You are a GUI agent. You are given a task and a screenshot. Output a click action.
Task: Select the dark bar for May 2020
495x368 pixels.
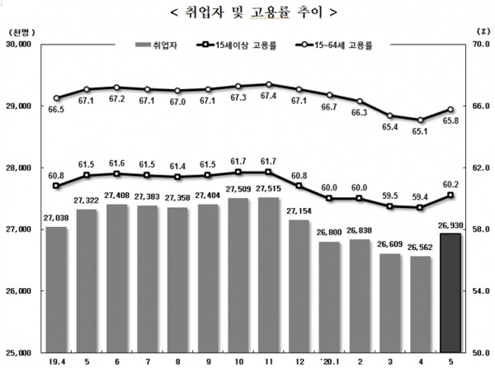coord(450,292)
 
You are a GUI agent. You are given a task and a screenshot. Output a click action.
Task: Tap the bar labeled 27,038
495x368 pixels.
coord(56,289)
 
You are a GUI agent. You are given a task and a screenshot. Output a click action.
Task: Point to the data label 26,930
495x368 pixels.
coord(450,225)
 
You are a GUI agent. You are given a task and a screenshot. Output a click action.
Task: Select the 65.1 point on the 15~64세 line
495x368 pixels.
coord(421,120)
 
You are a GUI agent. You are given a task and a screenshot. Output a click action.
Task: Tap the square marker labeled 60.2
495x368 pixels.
coord(451,195)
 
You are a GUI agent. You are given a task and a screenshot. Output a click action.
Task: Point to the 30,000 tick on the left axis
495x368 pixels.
coord(18,45)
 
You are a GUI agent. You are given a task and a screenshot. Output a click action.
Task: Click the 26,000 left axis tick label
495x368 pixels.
coord(18,291)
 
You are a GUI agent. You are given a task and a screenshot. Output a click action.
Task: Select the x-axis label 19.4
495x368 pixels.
coord(56,361)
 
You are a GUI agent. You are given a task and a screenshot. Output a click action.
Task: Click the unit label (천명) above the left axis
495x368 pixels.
coord(21,31)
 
